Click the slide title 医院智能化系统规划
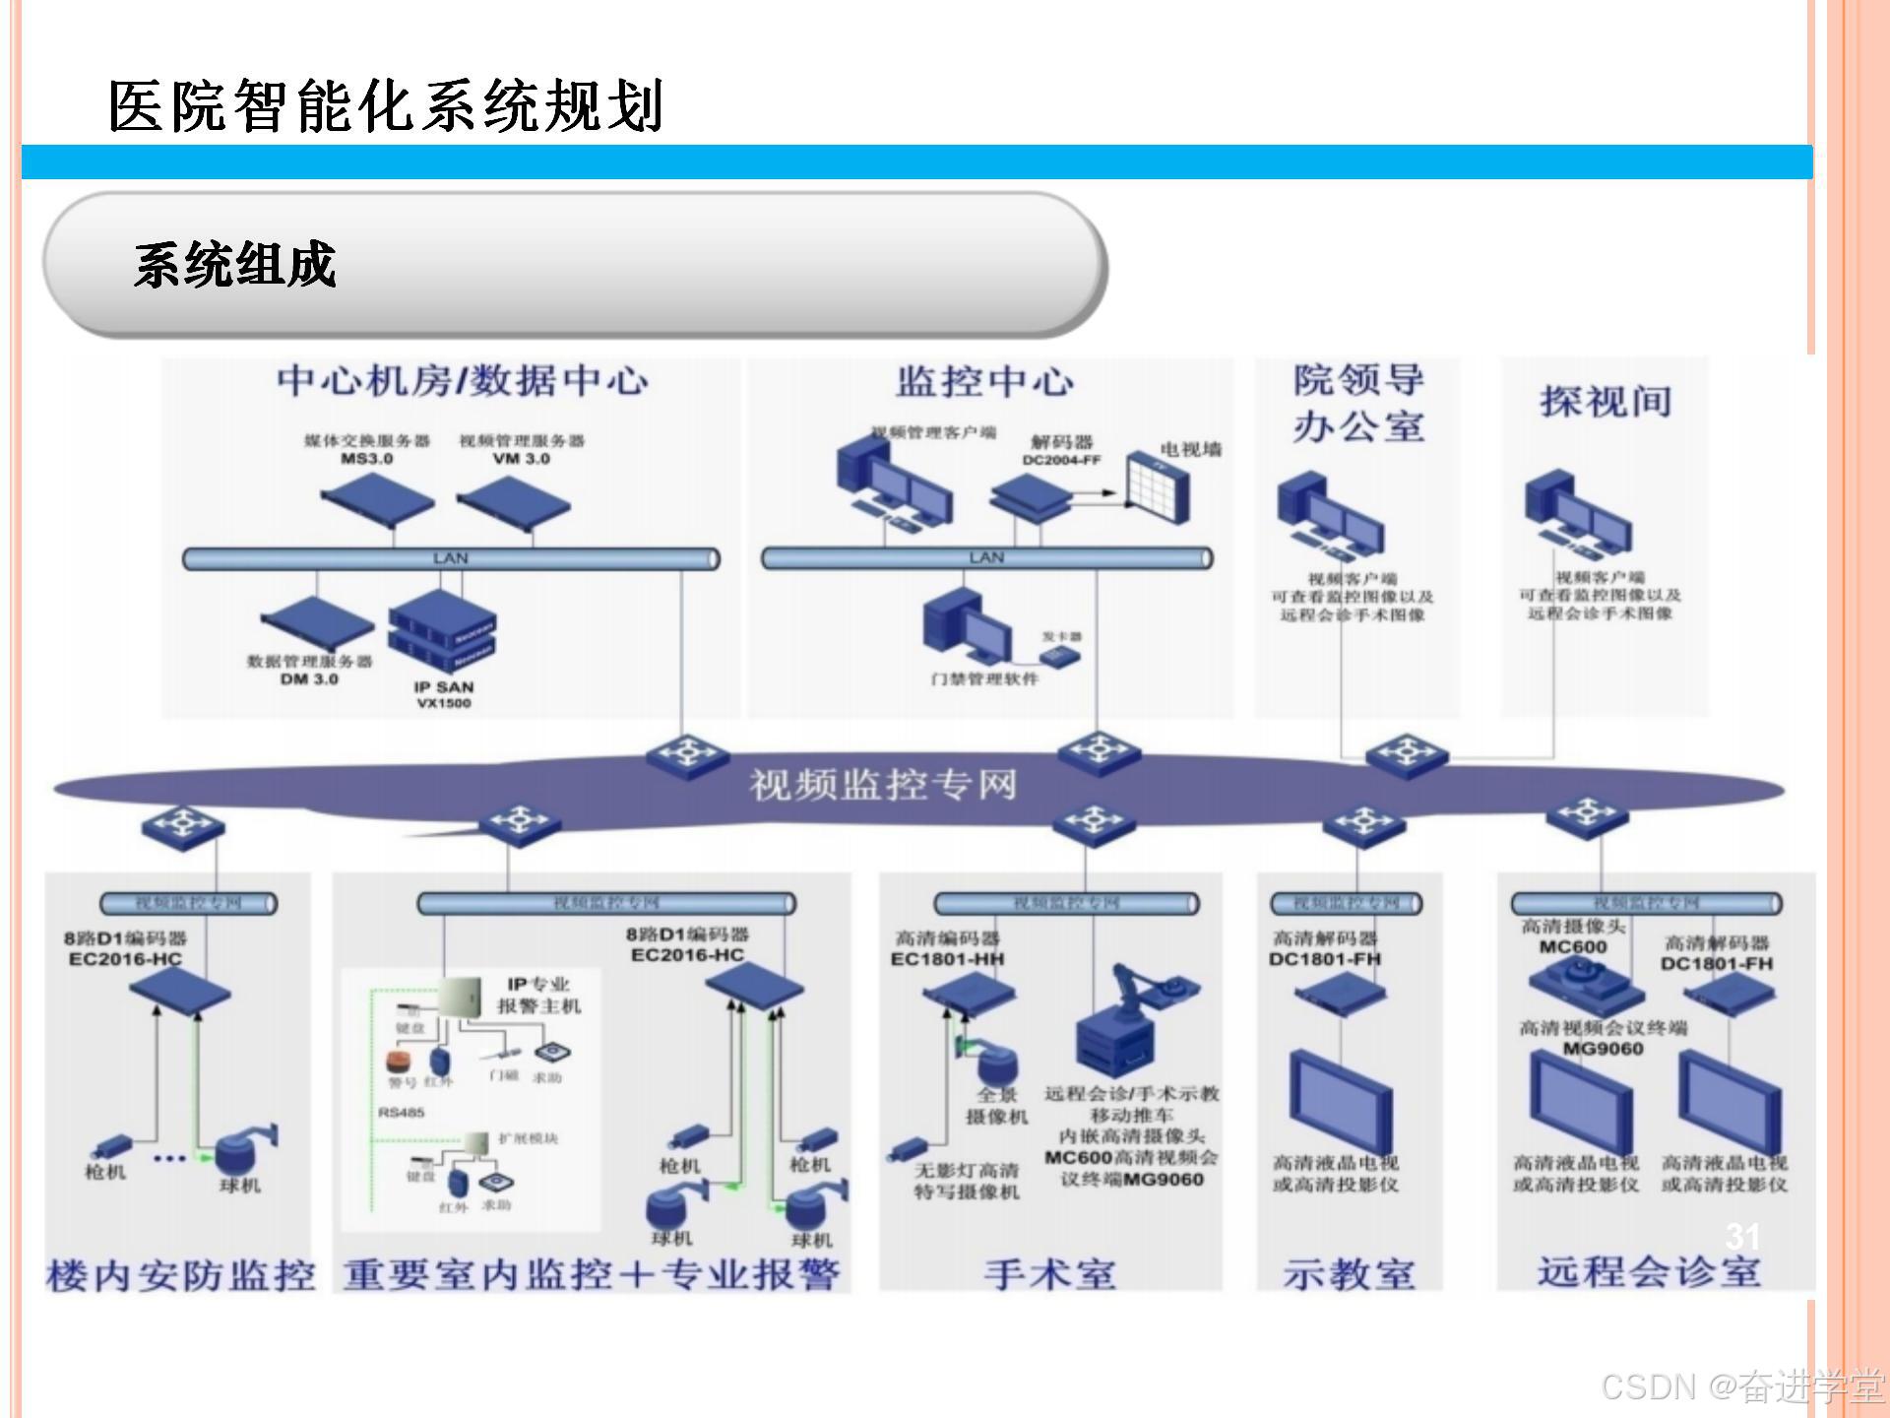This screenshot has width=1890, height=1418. click(386, 105)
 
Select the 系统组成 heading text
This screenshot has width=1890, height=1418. click(235, 265)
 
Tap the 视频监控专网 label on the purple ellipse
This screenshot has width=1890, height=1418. click(883, 785)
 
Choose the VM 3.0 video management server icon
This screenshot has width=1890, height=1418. click(514, 502)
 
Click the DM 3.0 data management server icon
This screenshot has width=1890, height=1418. click(317, 624)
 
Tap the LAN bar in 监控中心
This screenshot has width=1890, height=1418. click(986, 558)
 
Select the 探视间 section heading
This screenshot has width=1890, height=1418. click(1606, 402)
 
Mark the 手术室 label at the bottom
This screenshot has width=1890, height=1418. click(1050, 1273)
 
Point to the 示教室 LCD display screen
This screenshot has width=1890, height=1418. click(1341, 1099)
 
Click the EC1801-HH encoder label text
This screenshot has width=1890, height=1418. click(947, 959)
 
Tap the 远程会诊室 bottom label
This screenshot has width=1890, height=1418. click(1649, 1271)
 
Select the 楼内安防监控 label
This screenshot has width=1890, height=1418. click(180, 1275)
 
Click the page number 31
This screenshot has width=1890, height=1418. click(1742, 1236)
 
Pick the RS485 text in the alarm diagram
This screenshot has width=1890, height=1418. click(401, 1113)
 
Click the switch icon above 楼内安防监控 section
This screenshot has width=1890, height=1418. click(183, 823)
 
